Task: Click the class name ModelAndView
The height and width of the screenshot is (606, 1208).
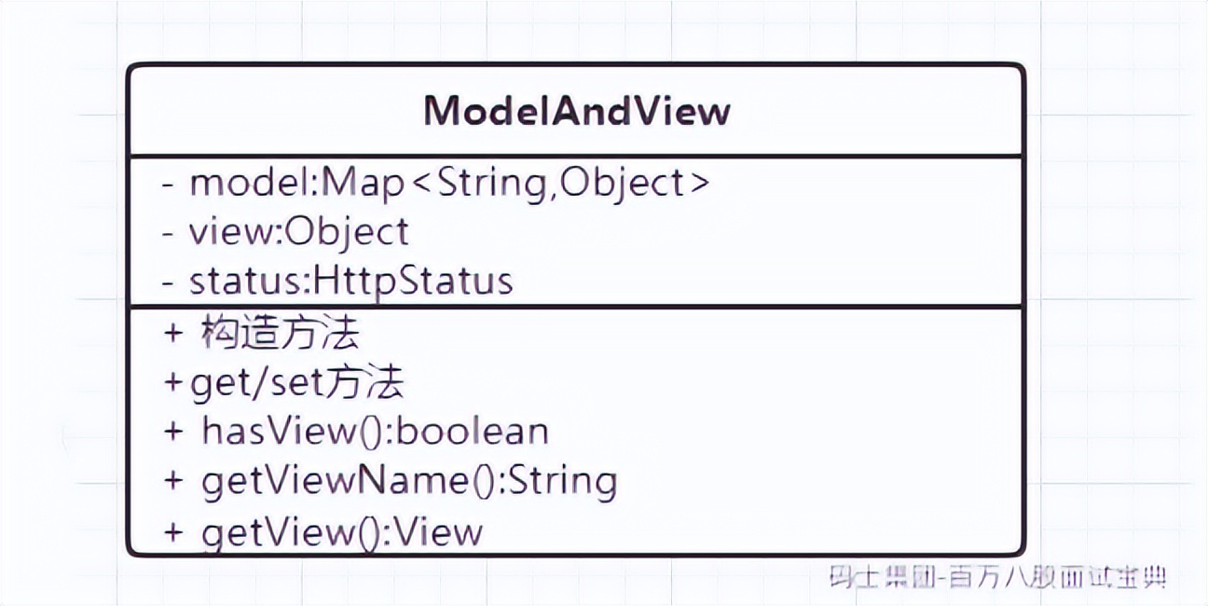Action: point(577,111)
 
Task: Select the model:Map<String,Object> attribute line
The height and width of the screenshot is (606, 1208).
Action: point(449,183)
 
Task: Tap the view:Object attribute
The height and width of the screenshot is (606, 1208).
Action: point(299,232)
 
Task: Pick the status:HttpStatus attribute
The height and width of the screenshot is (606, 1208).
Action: point(351,281)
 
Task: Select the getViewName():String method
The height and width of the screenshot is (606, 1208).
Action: point(408,481)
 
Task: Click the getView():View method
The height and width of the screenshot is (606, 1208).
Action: point(341,531)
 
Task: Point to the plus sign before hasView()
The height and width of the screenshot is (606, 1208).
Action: point(174,433)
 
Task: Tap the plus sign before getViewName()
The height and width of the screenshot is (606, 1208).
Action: point(174,482)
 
